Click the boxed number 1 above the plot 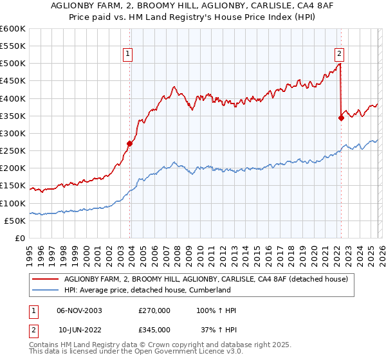(129, 54)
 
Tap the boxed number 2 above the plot (339, 54)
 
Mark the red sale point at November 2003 (129, 144)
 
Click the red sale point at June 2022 (341, 118)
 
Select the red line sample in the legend (46, 279)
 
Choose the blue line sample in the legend (46, 290)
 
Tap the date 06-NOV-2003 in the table (80, 310)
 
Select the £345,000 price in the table (154, 329)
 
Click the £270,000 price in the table (154, 310)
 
